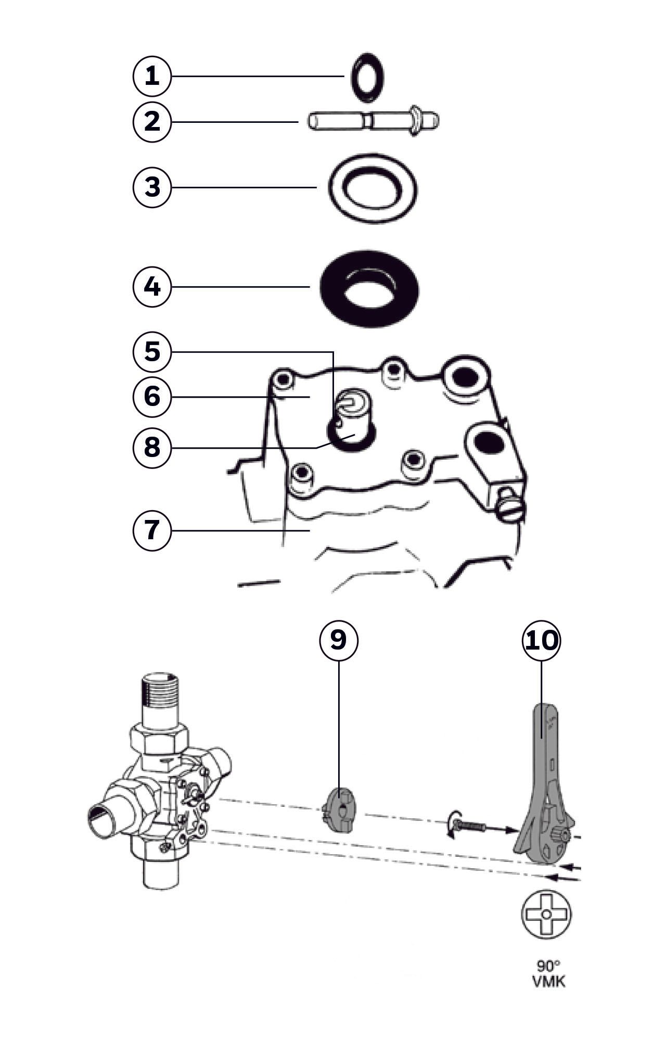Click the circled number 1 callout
click(x=151, y=77)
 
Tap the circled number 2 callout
click(x=151, y=121)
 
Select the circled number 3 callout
click(x=151, y=187)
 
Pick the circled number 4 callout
click(x=151, y=287)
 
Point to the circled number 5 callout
click(x=151, y=351)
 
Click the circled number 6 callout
click(x=151, y=396)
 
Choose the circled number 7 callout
click(x=151, y=530)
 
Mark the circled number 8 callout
click(x=151, y=447)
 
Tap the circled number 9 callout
click(x=338, y=640)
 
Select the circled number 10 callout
click(x=541, y=641)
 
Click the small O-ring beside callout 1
click(x=368, y=76)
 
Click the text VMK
click(x=548, y=982)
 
